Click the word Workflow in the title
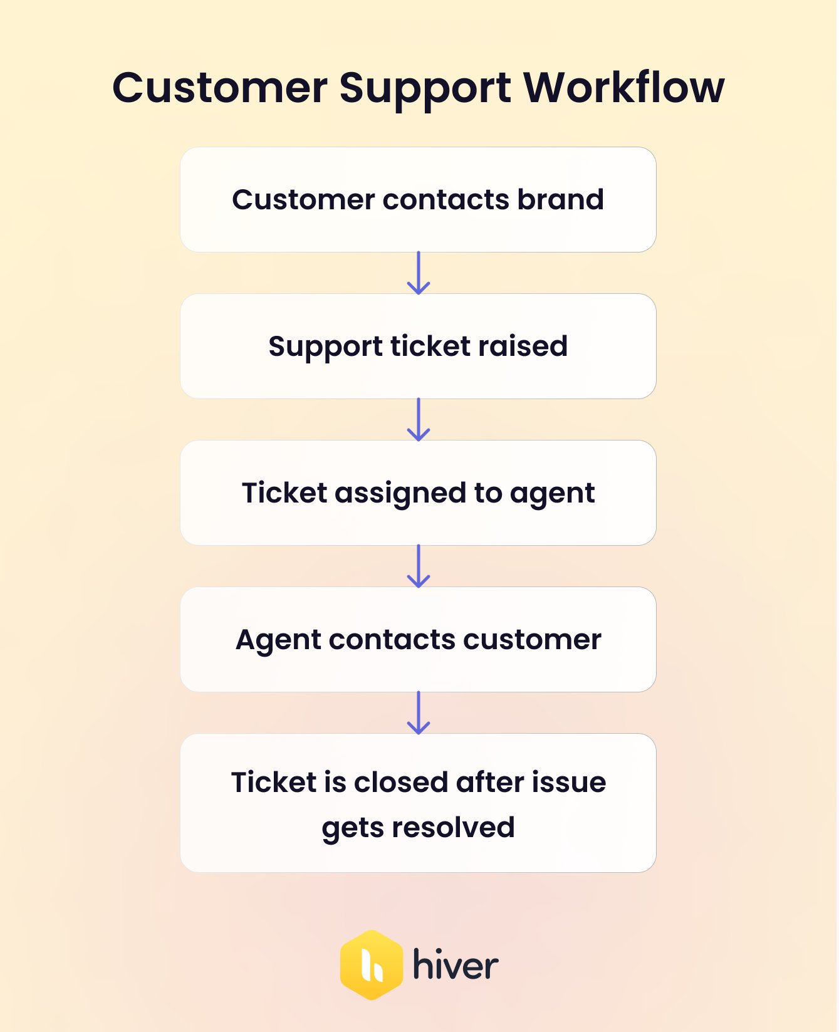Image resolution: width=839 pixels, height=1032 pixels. click(623, 87)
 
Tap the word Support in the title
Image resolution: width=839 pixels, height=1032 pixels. click(425, 88)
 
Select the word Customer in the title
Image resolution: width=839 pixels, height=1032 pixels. click(219, 87)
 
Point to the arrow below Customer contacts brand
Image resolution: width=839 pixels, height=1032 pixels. click(419, 273)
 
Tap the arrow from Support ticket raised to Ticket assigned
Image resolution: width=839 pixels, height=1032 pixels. click(419, 420)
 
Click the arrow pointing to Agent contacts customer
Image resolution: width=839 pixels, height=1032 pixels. click(419, 566)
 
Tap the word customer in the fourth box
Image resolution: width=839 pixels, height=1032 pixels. click(532, 640)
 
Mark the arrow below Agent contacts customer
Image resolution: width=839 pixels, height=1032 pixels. click(419, 713)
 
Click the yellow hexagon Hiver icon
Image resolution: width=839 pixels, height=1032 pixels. click(371, 965)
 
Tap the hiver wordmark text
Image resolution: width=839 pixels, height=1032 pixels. click(456, 965)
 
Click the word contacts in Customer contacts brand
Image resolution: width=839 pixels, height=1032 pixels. click(446, 200)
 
